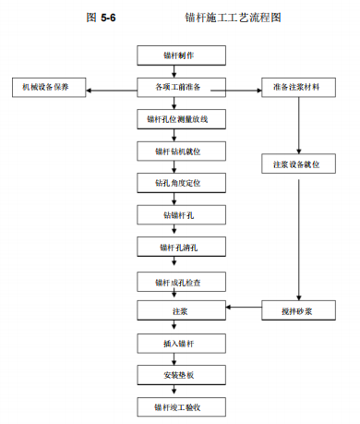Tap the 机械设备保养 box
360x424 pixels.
click(x=46, y=88)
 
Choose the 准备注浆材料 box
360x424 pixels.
click(x=298, y=88)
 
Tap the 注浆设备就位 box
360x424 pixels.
click(x=298, y=164)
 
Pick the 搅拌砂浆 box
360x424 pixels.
click(x=298, y=311)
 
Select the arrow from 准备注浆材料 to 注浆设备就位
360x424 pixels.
click(x=298, y=126)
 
